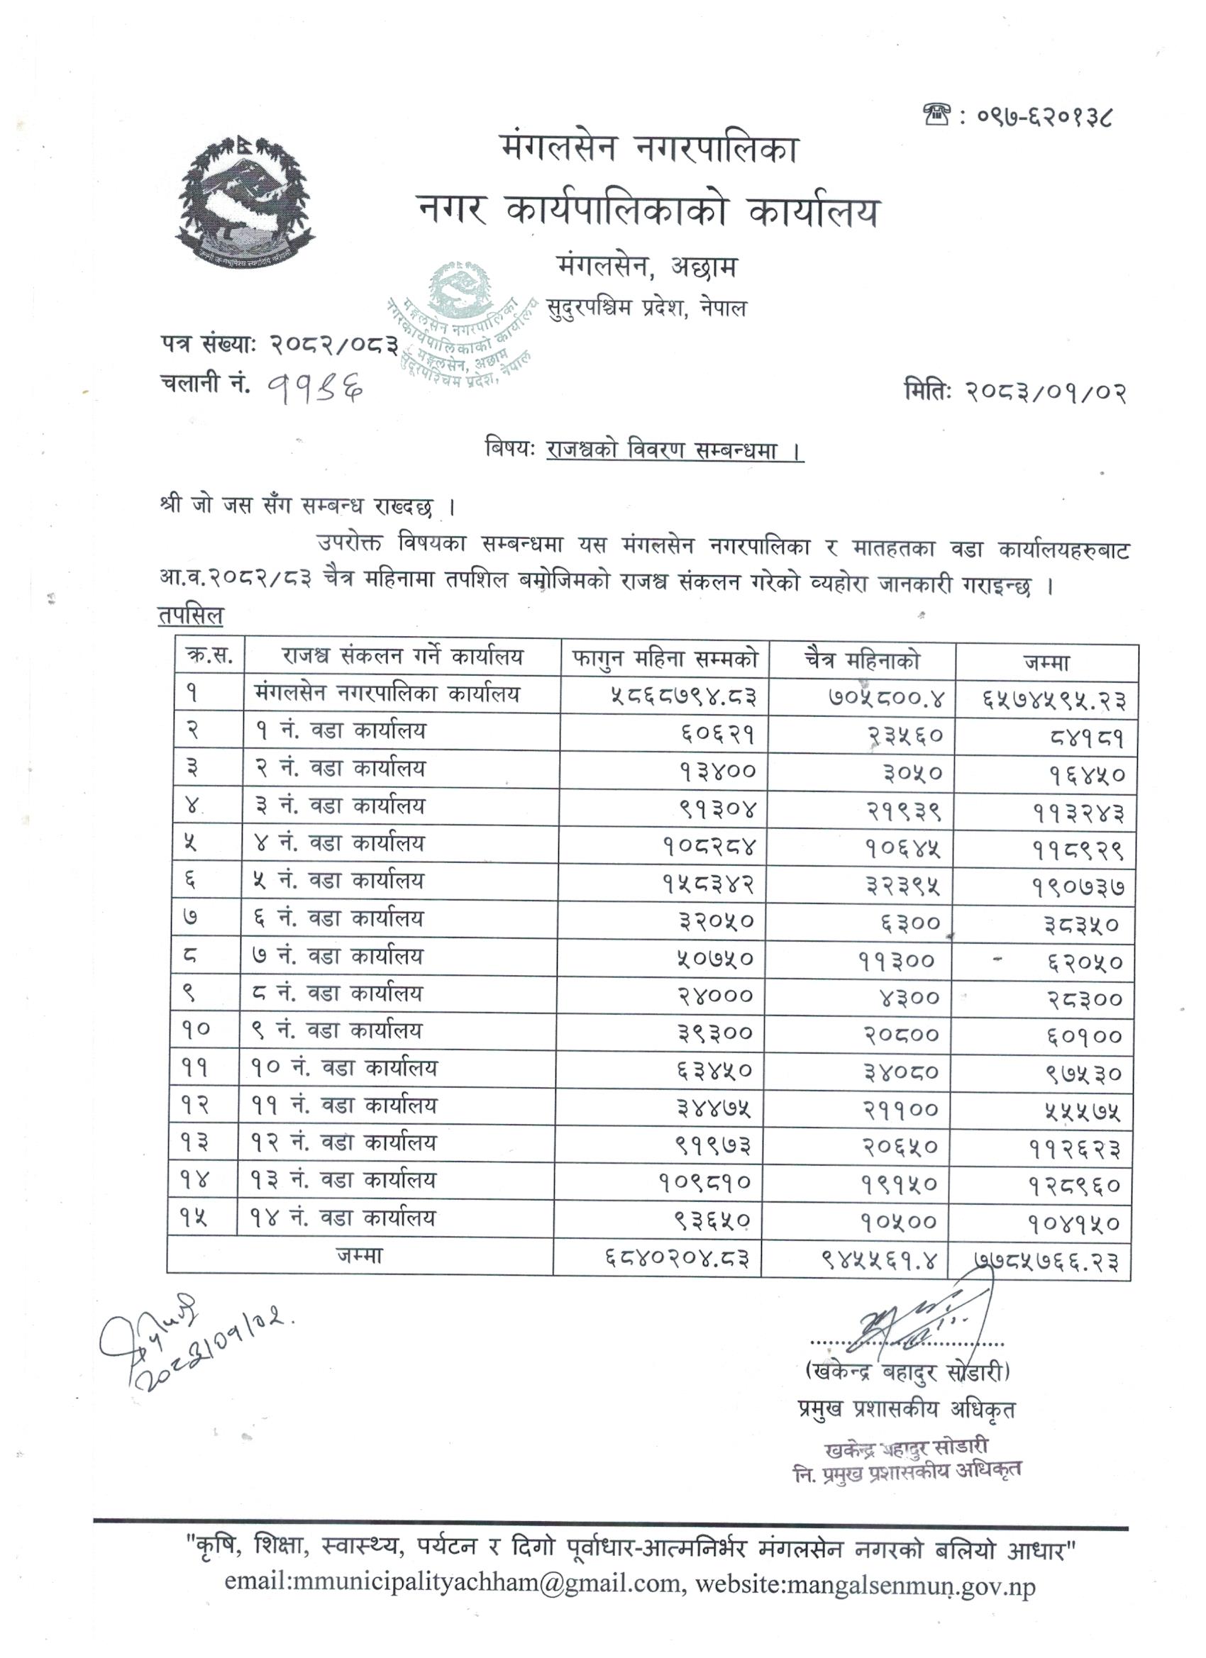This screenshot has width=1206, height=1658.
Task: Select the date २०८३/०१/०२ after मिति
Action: (x=1046, y=393)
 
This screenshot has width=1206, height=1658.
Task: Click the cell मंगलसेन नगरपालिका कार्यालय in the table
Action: (x=387, y=694)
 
